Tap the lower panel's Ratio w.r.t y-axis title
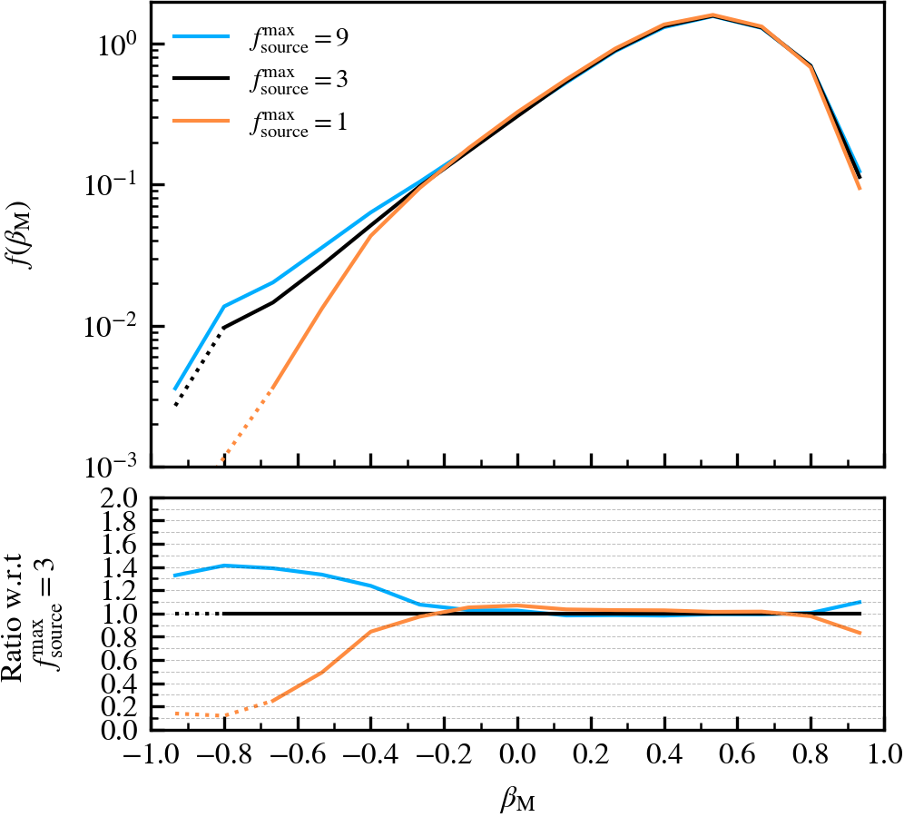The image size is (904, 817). coord(27,614)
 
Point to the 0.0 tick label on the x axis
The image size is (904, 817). coord(516,755)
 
